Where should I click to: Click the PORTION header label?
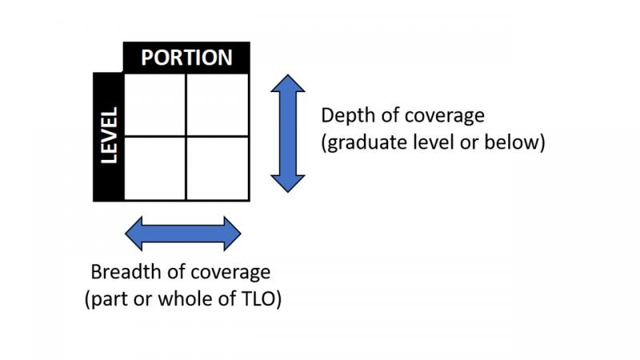[x=186, y=58]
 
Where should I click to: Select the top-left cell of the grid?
[x=155, y=105]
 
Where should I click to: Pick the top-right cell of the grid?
[x=218, y=105]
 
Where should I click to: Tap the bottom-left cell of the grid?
[x=155, y=168]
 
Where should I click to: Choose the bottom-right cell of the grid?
[x=218, y=168]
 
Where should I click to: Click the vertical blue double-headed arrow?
[x=287, y=133]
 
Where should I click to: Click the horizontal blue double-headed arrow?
[x=183, y=233]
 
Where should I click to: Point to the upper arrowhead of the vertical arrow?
[x=287, y=84]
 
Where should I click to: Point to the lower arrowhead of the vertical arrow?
[x=287, y=182]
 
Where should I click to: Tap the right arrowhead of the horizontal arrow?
[x=230, y=233]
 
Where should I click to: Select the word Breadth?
[x=122, y=272]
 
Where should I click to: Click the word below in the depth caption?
[x=516, y=143]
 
